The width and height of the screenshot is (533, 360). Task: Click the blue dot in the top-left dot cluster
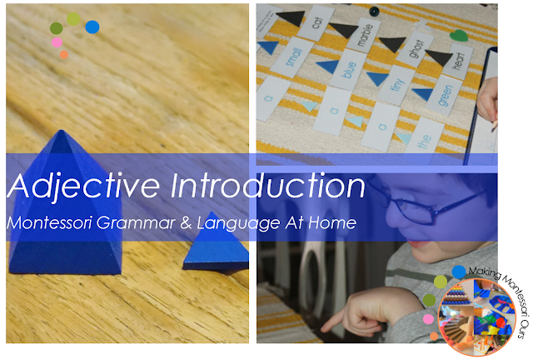(92, 27)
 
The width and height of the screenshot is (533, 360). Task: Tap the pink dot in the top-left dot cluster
(57, 42)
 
